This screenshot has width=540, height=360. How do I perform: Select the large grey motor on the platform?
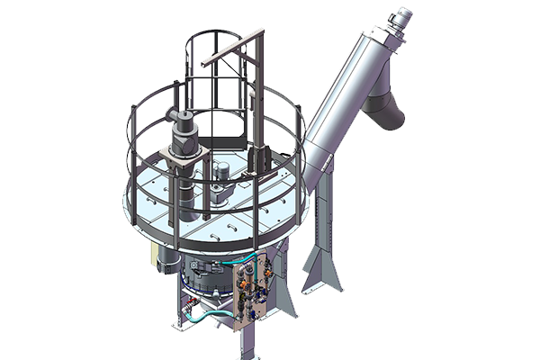(x=185, y=135)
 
